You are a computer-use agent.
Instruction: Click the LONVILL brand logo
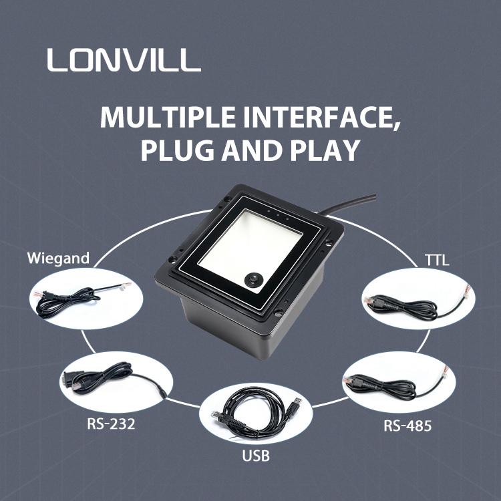point(124,59)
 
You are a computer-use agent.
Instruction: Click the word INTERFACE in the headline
point(322,118)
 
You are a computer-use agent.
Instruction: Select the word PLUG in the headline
point(178,150)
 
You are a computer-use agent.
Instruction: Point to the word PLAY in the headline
point(325,150)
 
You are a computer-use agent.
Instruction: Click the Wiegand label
point(58,259)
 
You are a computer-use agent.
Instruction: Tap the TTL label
point(437,260)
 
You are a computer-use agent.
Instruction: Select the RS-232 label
point(111,424)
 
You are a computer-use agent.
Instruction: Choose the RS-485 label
point(407,426)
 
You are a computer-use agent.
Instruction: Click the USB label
point(256,456)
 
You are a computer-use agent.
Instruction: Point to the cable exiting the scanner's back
point(348,204)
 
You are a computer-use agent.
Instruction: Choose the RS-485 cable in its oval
point(393,384)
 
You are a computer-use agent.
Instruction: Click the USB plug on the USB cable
point(295,405)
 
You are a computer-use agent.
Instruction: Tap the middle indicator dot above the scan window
point(278,215)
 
